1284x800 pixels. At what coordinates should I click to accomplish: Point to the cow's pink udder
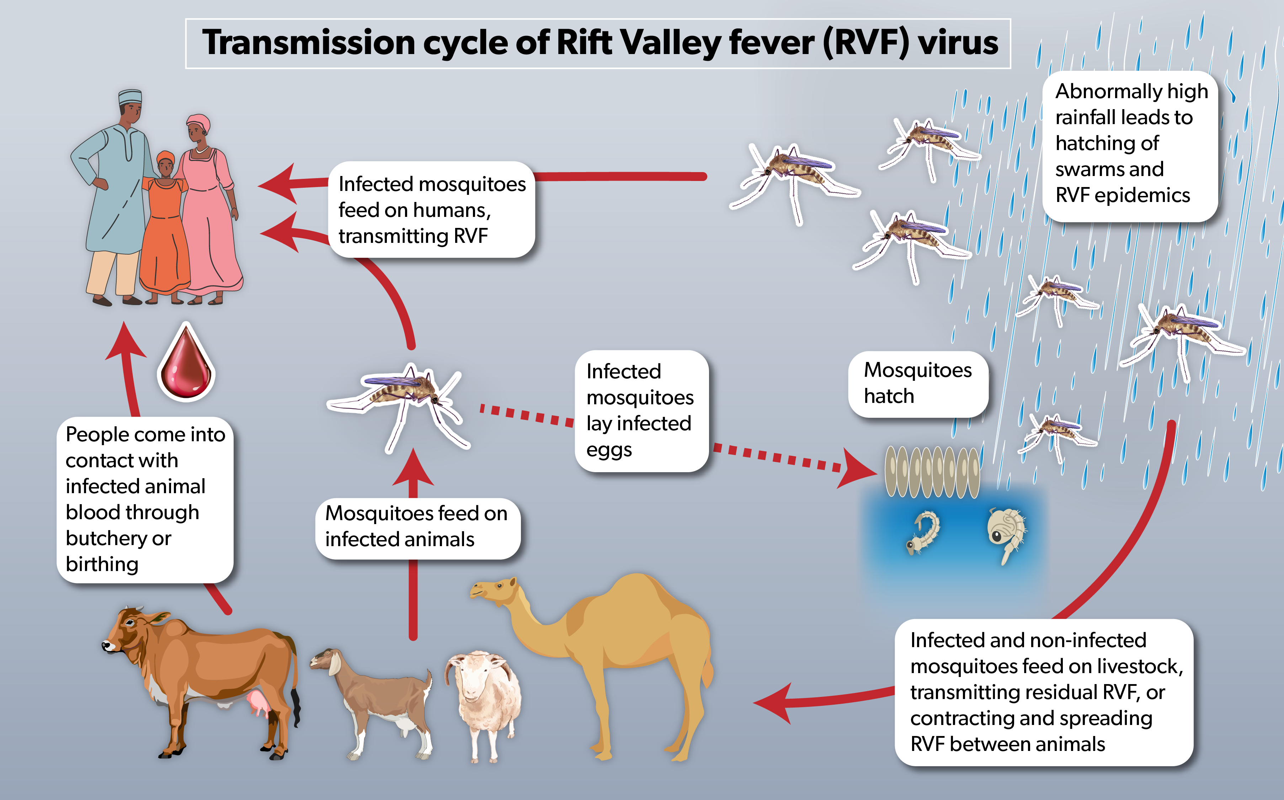259,704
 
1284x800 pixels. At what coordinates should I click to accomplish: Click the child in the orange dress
165,228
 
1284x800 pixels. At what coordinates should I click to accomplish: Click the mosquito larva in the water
923,532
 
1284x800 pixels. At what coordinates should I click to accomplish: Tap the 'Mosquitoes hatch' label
918,383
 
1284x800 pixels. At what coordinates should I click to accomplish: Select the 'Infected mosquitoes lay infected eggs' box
641,411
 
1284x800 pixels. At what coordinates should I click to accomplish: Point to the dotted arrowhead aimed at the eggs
857,469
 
